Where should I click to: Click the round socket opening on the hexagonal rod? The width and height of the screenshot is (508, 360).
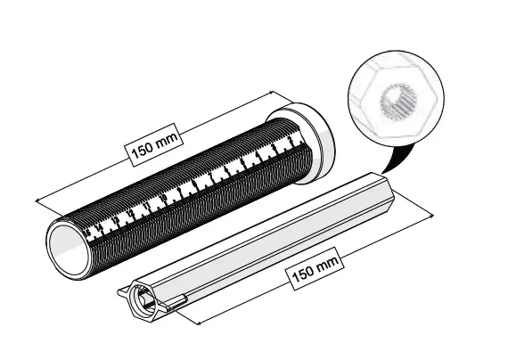click(x=145, y=299)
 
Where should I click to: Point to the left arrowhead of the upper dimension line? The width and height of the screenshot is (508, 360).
click(x=34, y=200)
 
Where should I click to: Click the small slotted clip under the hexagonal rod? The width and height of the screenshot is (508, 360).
click(x=175, y=304)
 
